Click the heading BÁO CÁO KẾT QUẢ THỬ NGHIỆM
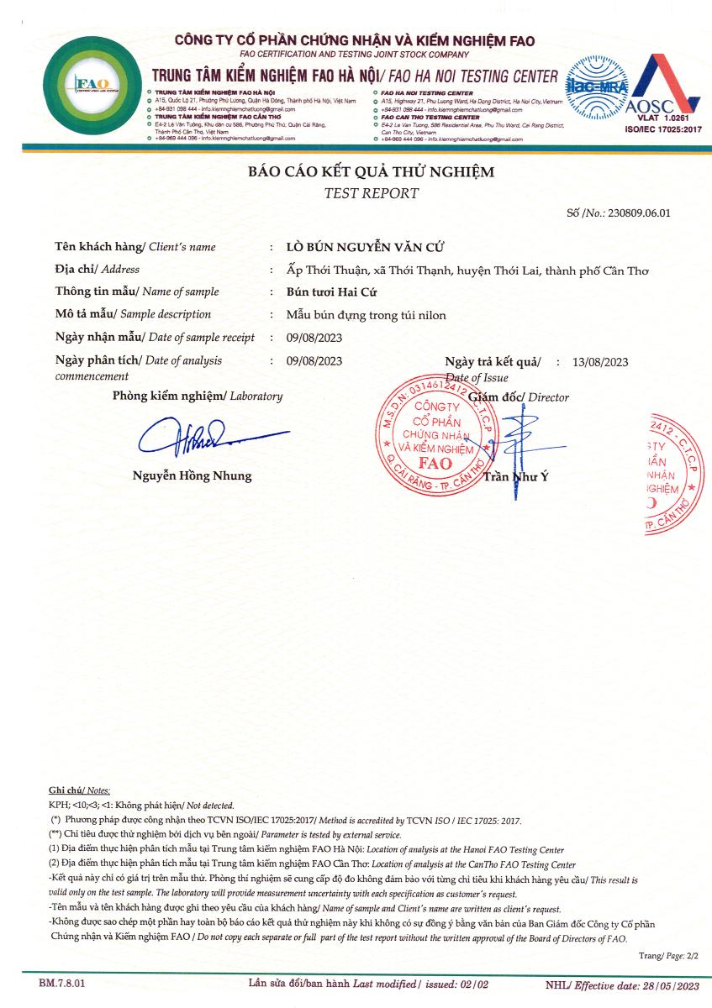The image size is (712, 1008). (371, 172)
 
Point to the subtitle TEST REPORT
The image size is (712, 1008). (371, 193)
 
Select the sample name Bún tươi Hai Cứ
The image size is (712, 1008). (332, 292)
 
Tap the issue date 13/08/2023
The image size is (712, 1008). (600, 362)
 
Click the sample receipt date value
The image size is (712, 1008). (314, 338)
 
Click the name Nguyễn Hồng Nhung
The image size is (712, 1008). (192, 476)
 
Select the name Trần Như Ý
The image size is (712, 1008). (515, 478)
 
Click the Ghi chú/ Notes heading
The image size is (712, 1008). (79, 791)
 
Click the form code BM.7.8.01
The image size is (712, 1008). (62, 982)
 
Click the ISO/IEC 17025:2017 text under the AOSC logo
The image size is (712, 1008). (663, 130)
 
